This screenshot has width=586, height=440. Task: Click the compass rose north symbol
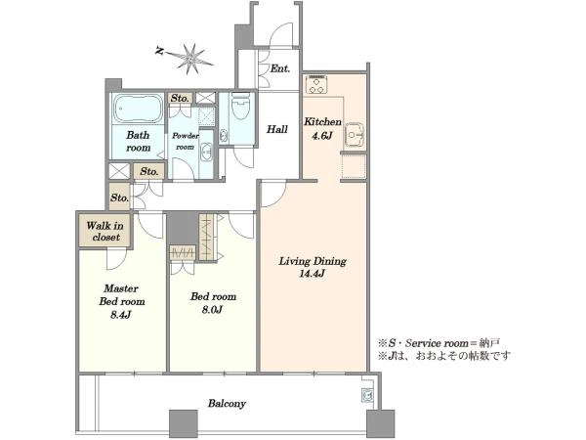click(190, 59)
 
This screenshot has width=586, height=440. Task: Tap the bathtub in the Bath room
click(138, 108)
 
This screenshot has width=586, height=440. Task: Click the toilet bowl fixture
click(240, 106)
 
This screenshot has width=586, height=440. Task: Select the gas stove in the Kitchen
click(316, 85)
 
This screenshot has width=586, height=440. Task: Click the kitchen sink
click(355, 135)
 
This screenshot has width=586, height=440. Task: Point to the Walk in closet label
click(105, 231)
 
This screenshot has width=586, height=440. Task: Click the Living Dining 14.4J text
click(313, 267)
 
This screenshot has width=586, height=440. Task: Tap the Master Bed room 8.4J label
click(121, 301)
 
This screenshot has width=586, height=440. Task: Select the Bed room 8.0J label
click(213, 303)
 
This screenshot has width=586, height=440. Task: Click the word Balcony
click(227, 403)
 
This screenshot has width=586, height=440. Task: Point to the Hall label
click(277, 129)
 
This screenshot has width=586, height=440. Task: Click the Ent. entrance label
click(280, 68)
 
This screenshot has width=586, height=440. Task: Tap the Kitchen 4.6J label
click(322, 128)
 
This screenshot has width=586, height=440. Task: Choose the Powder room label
click(186, 142)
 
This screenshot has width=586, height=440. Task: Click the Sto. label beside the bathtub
click(180, 99)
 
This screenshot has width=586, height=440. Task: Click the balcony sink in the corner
click(366, 395)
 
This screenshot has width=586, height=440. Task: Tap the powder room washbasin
click(206, 152)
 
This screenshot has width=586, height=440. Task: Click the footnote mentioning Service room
click(439, 343)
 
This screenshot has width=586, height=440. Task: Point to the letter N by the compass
click(159, 51)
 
